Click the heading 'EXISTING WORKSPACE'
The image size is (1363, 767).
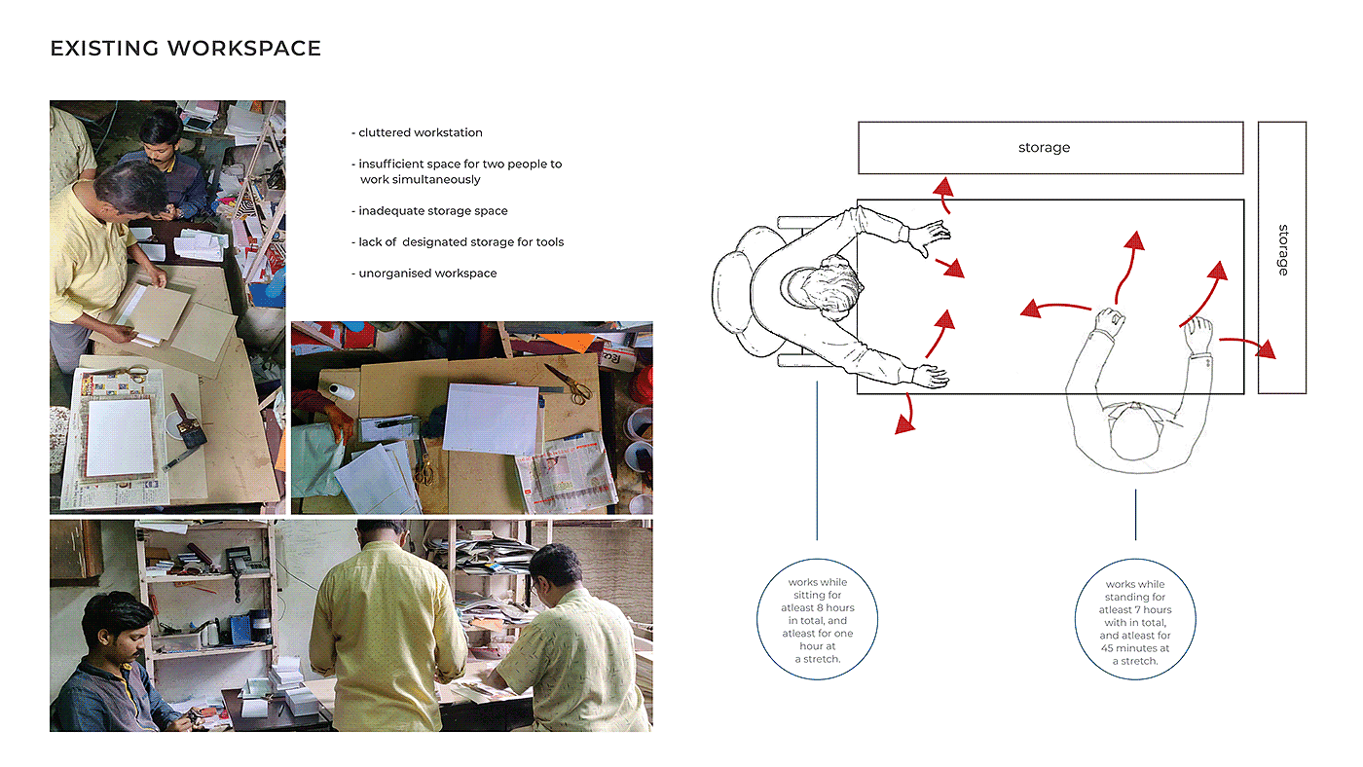pos(185,48)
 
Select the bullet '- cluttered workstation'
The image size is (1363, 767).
pos(417,132)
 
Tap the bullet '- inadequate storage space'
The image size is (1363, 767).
pos(429,210)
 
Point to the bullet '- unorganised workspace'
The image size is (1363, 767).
pos(424,274)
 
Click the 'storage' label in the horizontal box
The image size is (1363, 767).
pos(1044,148)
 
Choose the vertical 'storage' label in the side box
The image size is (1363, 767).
pos(1282,250)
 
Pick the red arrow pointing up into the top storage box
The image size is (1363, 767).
pos(942,193)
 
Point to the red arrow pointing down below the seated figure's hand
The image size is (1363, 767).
pos(905,415)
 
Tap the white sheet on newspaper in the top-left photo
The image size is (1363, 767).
pos(118,438)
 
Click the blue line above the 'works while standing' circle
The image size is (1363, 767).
pos(1135,514)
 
